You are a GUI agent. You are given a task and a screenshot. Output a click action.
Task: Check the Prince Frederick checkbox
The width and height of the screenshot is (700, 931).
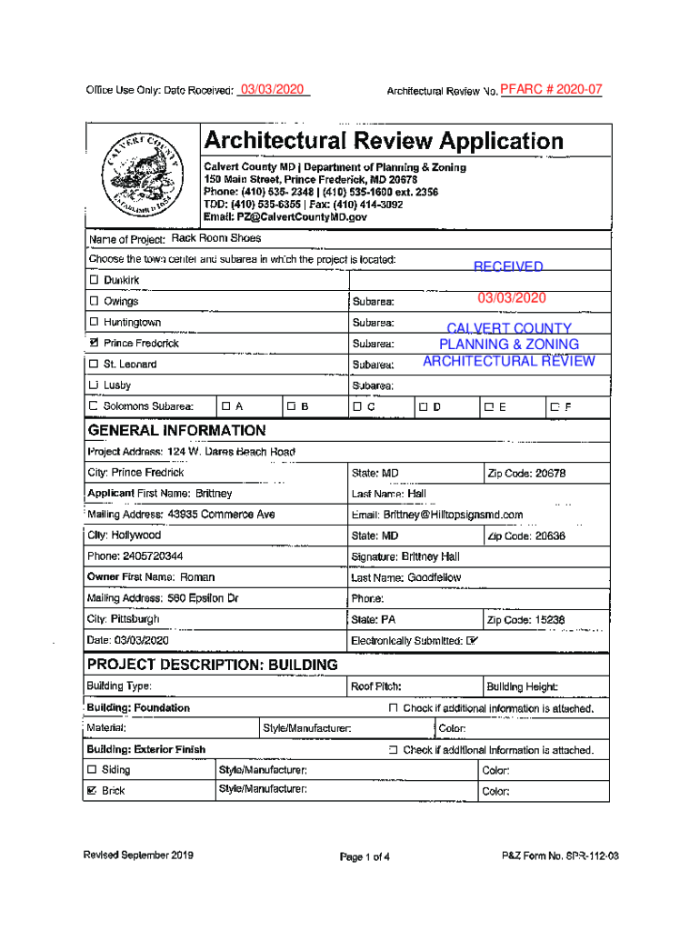(94, 344)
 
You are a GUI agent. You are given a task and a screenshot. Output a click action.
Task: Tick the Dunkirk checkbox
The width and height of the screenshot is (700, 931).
(94, 280)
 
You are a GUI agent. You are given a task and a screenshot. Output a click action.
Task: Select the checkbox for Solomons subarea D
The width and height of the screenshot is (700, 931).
(423, 406)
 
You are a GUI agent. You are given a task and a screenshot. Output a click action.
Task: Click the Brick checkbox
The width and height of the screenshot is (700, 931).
(92, 791)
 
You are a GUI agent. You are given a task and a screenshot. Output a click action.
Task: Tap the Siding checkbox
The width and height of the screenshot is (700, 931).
(92, 770)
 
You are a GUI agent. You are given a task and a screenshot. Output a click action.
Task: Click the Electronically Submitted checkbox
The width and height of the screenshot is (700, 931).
(472, 641)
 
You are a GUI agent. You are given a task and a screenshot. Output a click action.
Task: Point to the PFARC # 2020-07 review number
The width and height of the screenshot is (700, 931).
(551, 90)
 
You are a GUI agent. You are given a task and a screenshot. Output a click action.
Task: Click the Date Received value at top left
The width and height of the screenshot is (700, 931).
(273, 90)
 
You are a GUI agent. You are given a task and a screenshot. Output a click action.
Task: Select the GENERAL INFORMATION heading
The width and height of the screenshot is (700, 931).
(176, 430)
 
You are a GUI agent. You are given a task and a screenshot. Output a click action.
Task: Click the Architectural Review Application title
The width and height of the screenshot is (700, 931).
(383, 141)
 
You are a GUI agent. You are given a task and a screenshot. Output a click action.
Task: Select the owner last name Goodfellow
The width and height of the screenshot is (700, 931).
(435, 577)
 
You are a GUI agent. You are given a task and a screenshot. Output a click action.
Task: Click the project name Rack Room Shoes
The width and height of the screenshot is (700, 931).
(215, 238)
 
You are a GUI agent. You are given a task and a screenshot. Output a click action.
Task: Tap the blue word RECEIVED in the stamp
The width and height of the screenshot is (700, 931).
(508, 266)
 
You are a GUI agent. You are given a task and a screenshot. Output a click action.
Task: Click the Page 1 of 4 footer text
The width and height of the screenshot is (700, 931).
(365, 856)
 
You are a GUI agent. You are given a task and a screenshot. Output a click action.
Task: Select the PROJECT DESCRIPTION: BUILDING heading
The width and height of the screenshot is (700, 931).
(212, 665)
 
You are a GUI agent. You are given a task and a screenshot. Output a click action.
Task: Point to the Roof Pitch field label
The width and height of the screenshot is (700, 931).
(376, 686)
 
